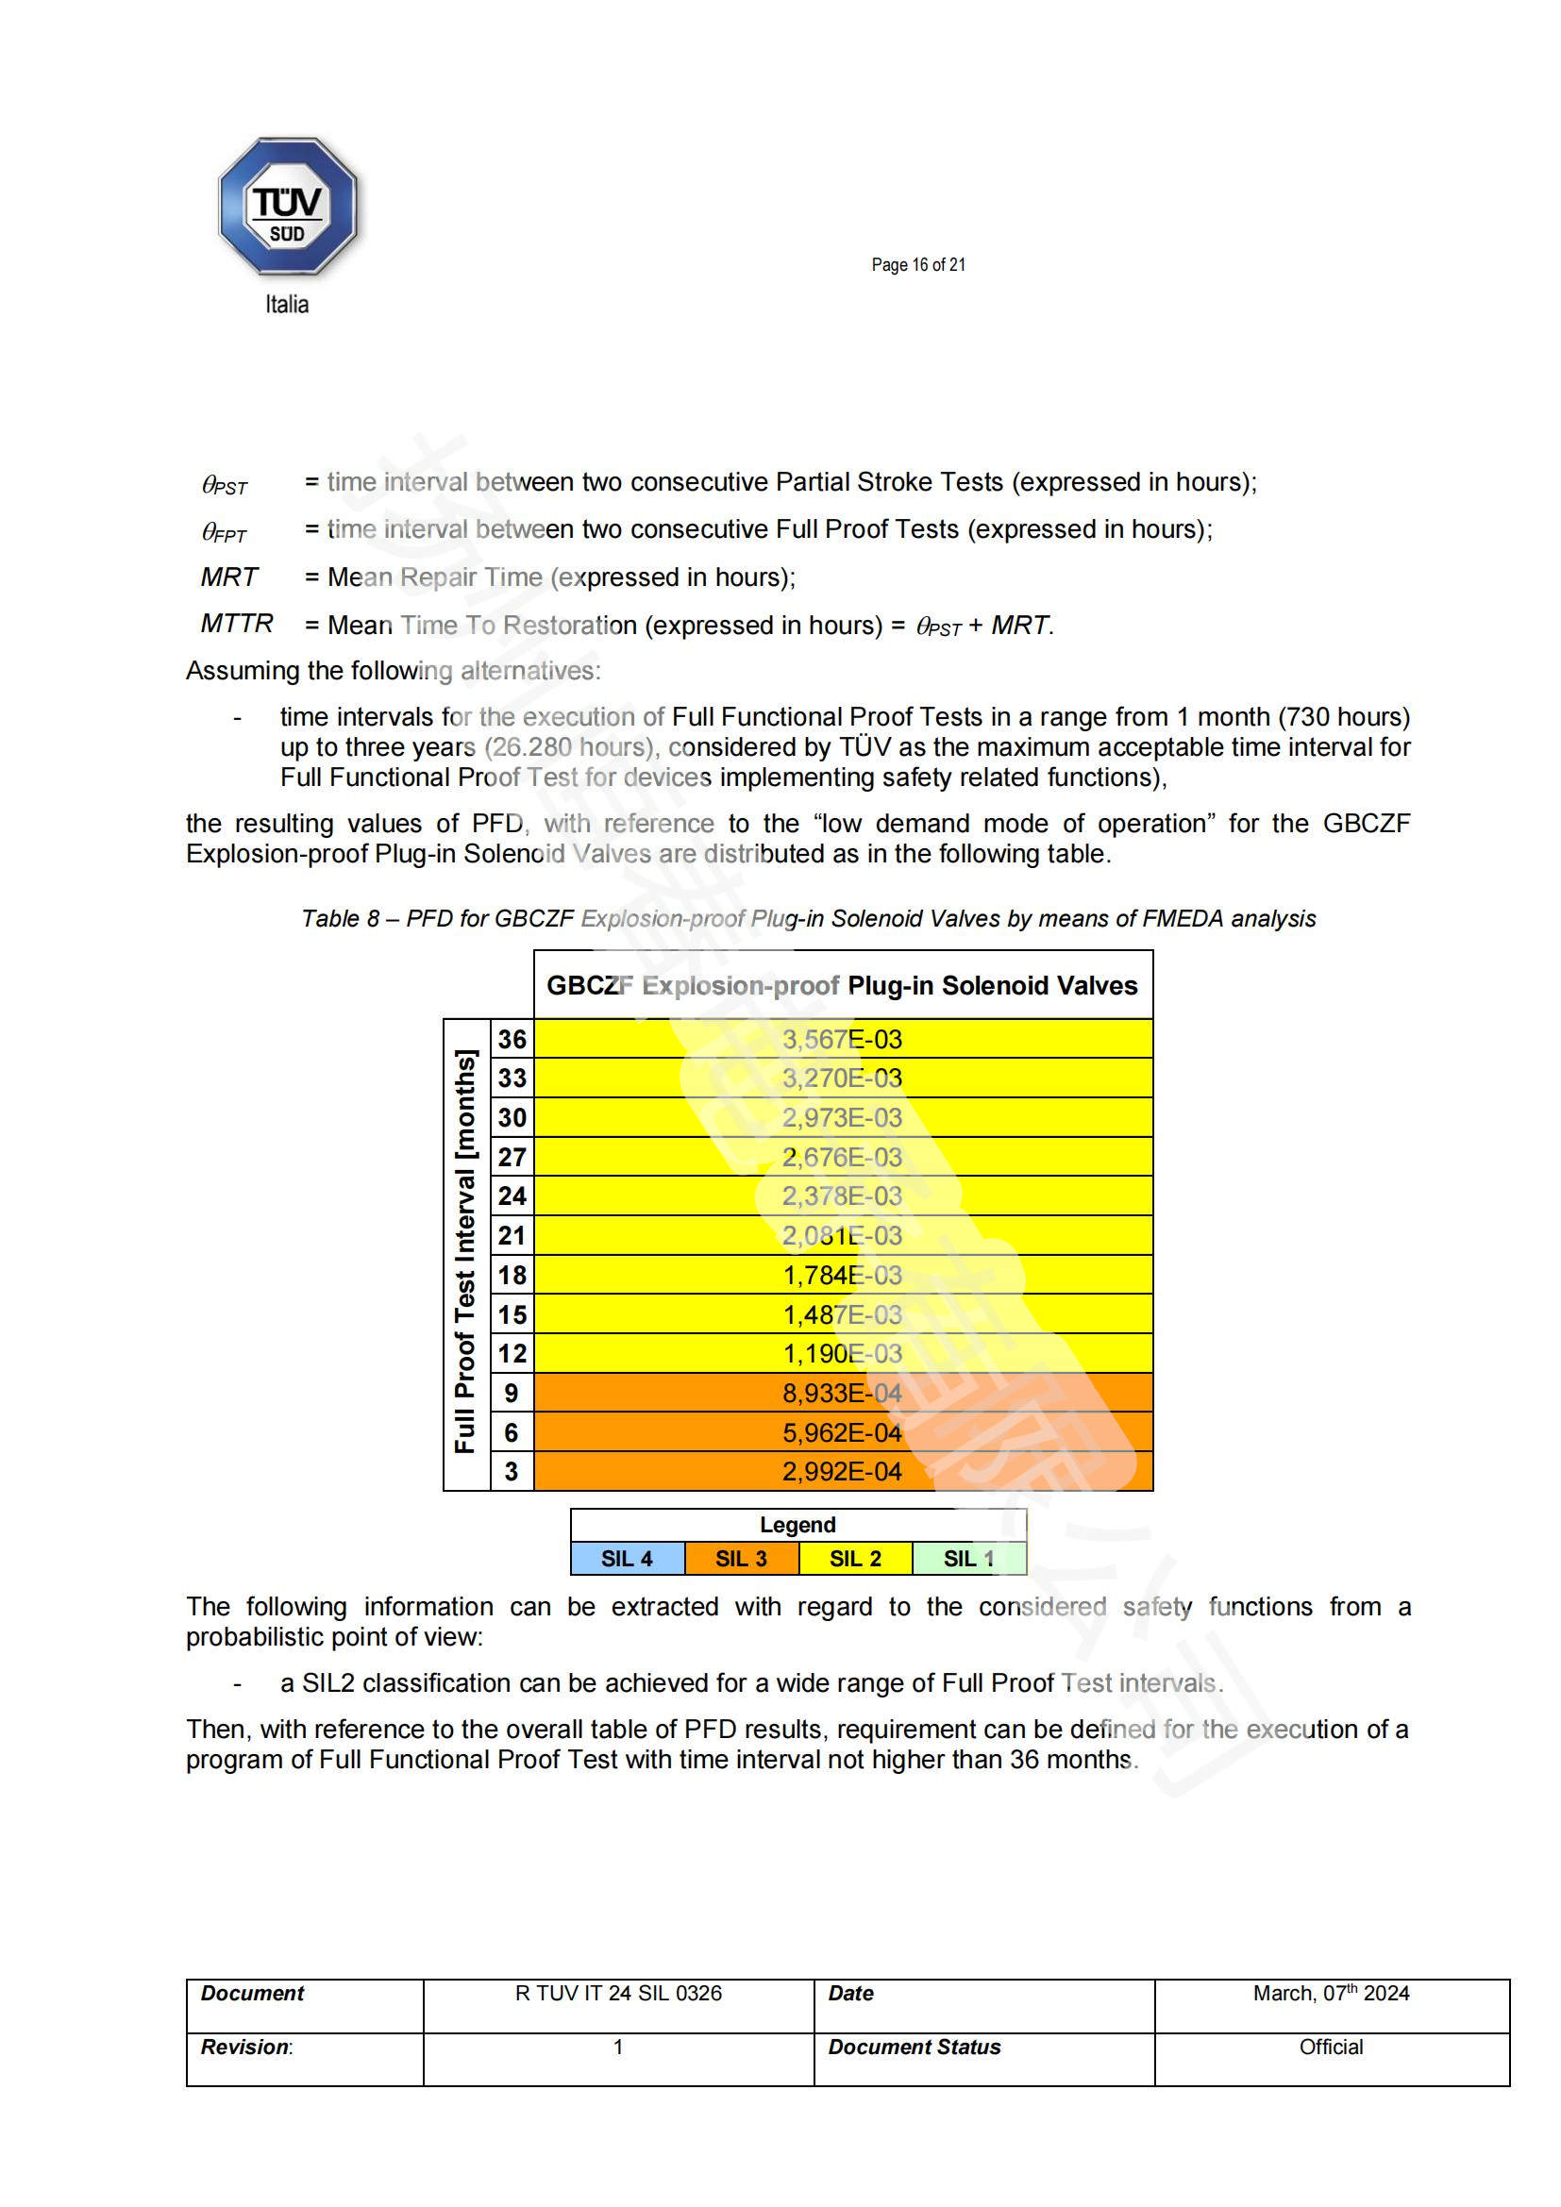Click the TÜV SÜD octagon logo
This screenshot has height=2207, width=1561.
[288, 207]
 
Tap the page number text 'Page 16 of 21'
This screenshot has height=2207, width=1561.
[918, 265]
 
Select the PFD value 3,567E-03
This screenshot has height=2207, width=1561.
[842, 1039]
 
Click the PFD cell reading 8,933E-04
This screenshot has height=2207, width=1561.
[842, 1393]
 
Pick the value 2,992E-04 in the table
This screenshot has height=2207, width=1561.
[842, 1472]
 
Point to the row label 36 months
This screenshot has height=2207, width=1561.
[512, 1039]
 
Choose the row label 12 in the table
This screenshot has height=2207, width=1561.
[512, 1353]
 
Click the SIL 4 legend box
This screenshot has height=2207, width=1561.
[627, 1558]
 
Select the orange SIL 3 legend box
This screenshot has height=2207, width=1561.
[741, 1558]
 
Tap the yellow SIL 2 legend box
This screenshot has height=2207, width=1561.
[855, 1558]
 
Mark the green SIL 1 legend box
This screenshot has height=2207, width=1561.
[969, 1558]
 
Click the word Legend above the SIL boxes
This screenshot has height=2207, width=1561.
[797, 1525]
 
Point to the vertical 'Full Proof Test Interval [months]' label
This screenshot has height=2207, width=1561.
[466, 1251]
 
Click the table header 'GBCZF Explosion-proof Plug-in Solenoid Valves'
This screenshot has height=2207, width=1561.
[842, 985]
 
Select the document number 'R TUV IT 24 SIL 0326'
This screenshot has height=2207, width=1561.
[618, 1994]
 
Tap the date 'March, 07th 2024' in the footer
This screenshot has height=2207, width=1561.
[1331, 1994]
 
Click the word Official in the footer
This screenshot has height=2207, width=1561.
[1331, 2048]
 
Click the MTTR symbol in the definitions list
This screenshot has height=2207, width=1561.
[237, 624]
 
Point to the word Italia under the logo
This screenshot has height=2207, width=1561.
[287, 305]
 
